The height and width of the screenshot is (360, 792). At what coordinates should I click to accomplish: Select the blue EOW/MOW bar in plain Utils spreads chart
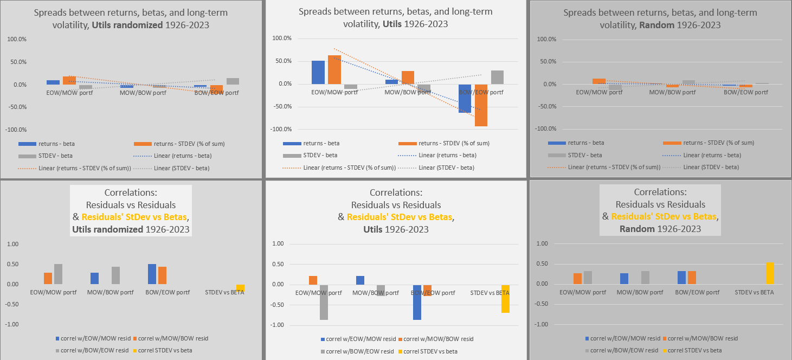tap(318, 72)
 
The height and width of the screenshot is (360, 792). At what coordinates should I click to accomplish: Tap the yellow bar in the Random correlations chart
tap(770, 273)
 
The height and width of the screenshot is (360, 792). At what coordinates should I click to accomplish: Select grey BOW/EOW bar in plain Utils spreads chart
tap(497, 77)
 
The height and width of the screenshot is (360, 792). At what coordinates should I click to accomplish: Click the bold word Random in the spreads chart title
tap(639, 25)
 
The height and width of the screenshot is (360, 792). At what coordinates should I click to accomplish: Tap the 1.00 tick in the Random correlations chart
tap(543, 244)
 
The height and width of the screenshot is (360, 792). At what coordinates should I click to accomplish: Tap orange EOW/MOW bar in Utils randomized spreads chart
tap(69, 80)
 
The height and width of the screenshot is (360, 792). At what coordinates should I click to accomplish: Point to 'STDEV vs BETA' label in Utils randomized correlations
tap(224, 292)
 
